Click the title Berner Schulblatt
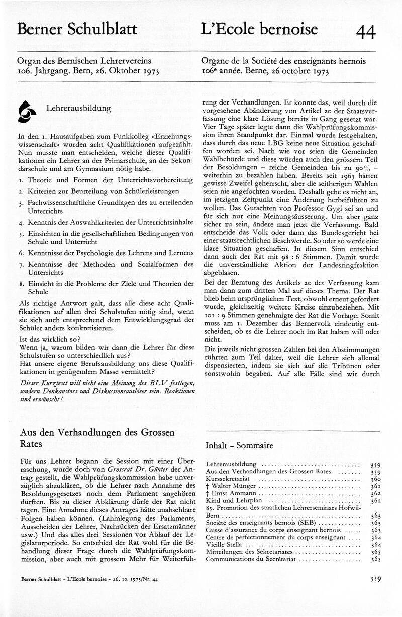(77, 30)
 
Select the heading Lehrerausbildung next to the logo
(78, 108)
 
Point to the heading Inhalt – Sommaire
(239, 445)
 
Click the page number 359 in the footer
(374, 593)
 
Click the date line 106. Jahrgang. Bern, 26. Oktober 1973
(88, 71)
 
